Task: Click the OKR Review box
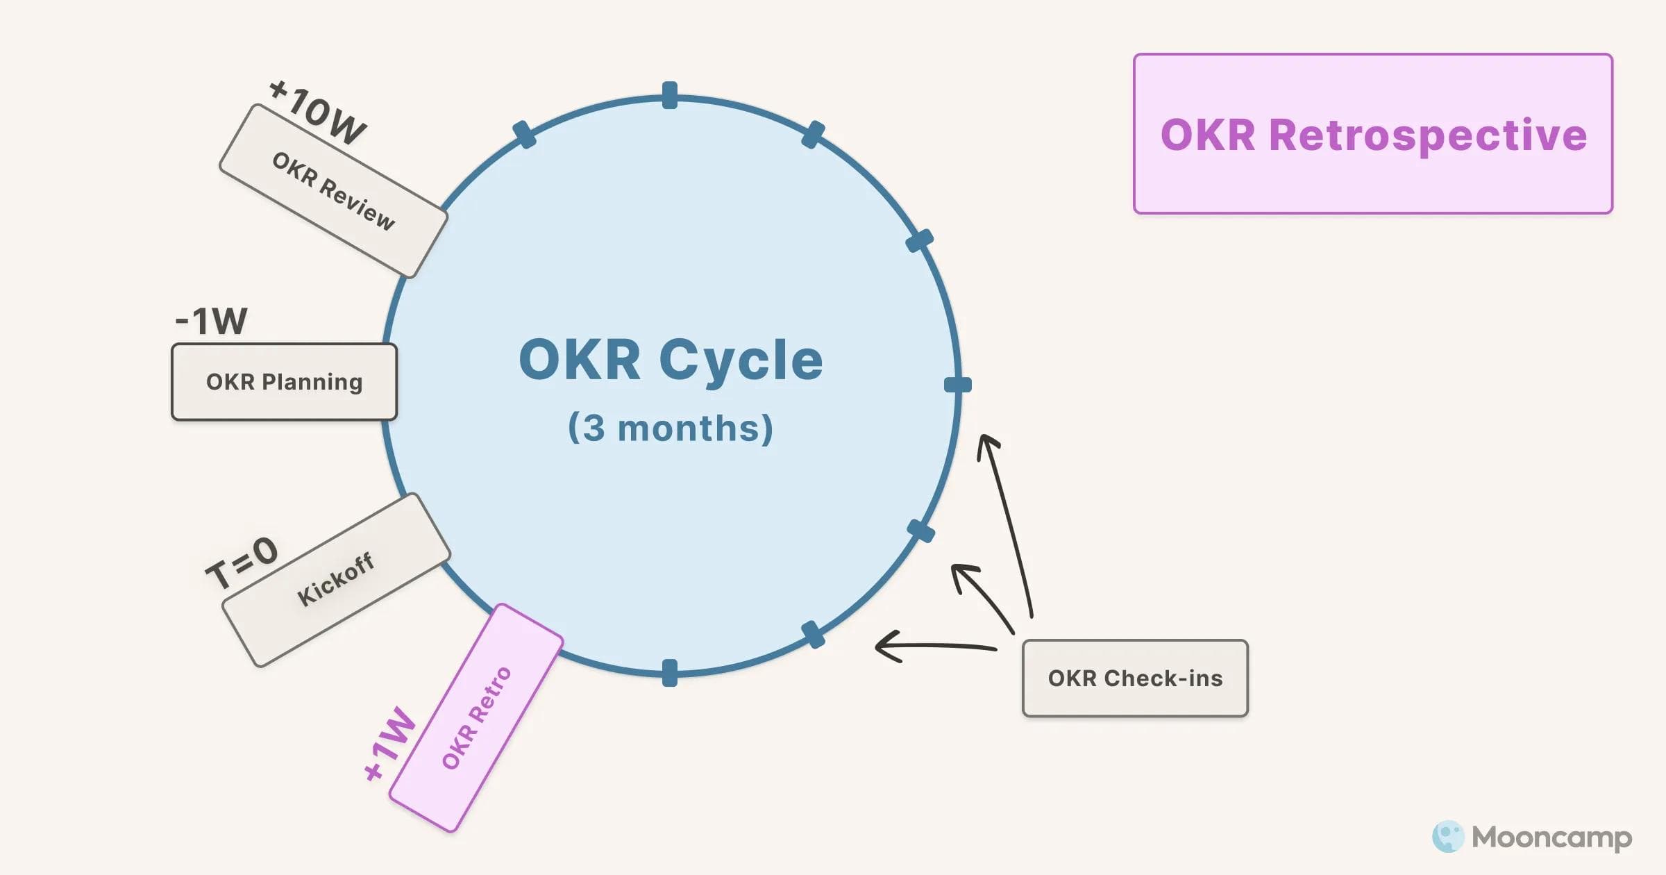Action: point(333,191)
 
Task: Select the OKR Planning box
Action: point(284,382)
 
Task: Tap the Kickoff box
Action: point(336,580)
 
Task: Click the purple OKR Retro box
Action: point(476,717)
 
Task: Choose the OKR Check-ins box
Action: point(1135,678)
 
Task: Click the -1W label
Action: point(211,321)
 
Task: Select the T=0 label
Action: point(242,562)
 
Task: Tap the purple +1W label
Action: point(389,744)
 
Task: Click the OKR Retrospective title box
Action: point(1372,134)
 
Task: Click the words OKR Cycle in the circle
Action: point(671,360)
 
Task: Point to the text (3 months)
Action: point(671,428)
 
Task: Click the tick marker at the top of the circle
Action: point(670,96)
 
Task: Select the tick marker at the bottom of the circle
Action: point(670,673)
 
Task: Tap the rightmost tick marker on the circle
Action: point(958,385)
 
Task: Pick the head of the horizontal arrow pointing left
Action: point(882,647)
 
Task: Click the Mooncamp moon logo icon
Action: point(1448,837)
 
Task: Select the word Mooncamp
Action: point(1552,837)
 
